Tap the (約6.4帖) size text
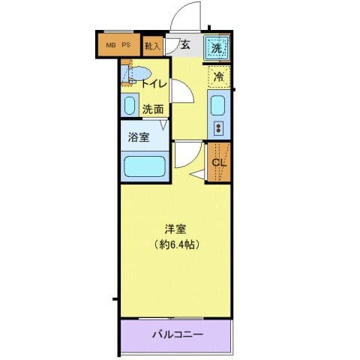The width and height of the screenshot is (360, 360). coord(177,244)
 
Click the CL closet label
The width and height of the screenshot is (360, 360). coord(219,163)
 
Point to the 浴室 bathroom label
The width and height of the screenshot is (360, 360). coord(137,137)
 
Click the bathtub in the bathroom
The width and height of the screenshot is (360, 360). coord(144,166)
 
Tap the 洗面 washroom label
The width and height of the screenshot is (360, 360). coord(154,109)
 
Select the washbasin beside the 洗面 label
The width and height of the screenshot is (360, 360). coord(130,106)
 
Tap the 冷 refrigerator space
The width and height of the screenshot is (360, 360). coord(219,76)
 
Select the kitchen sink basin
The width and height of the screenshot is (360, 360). coord(219,103)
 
